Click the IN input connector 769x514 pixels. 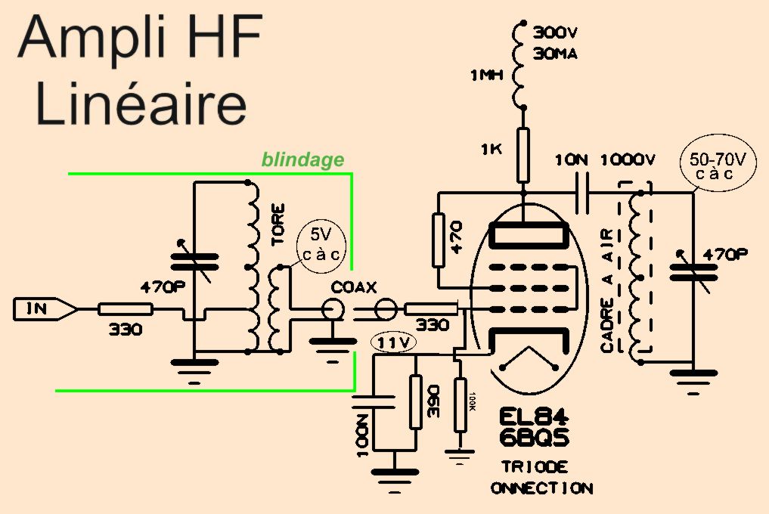[x=42, y=308]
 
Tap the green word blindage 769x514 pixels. [x=302, y=159]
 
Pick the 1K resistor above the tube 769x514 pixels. [x=522, y=156]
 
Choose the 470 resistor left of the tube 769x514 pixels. [x=439, y=241]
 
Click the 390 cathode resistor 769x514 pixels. [x=414, y=401]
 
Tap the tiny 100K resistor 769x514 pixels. [x=460, y=404]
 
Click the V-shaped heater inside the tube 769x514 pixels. [x=533, y=365]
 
